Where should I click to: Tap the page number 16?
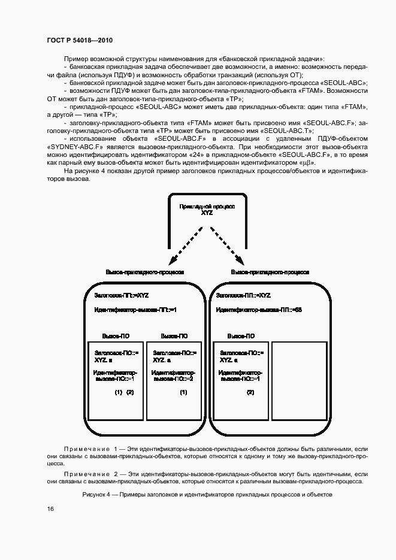click(x=50, y=508)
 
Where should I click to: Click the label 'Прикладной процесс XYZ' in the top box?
click(x=207, y=208)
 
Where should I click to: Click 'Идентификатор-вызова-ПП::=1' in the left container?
click(x=135, y=310)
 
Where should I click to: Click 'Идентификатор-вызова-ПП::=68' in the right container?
click(x=259, y=310)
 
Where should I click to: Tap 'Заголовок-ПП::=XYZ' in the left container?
click(x=122, y=295)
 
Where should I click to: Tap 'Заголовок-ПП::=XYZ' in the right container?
click(x=243, y=295)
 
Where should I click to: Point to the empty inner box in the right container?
click(x=299, y=381)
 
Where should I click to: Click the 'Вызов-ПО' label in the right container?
click(x=241, y=336)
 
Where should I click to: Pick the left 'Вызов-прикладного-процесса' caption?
click(x=144, y=272)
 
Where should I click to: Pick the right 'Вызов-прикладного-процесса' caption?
click(x=270, y=272)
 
